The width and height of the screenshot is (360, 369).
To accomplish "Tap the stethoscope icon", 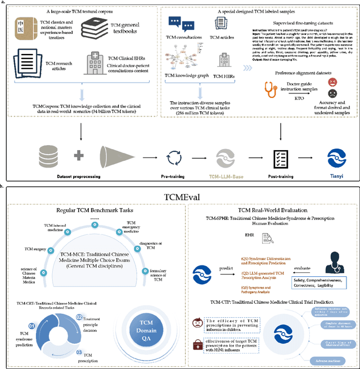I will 272,87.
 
